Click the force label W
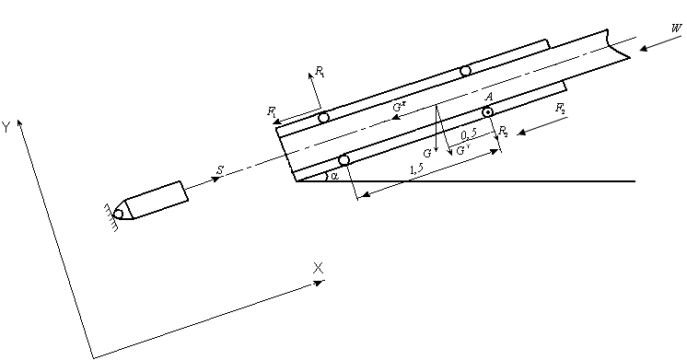pos(677,29)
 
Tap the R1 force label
pos(320,72)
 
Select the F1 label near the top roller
pos(272,111)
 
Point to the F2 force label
pos(561,109)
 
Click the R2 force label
pos(504,131)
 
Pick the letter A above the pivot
pos(489,97)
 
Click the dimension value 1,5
pos(416,169)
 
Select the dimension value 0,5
pos(469,135)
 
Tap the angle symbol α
pos(334,176)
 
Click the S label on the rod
pos(220,170)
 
